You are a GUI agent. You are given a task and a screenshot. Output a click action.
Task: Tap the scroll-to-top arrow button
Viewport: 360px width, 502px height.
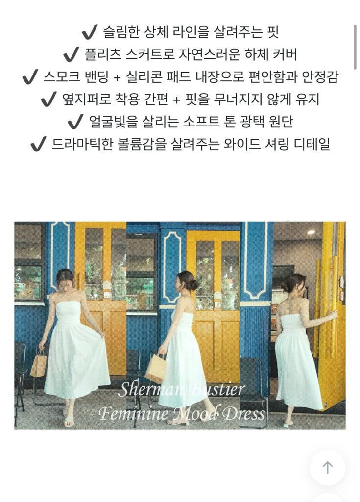tap(327, 468)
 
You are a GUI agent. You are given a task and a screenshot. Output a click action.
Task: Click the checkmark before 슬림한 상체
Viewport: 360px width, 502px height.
tap(90, 32)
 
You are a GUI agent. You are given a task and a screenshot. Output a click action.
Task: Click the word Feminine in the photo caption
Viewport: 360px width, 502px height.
tap(129, 413)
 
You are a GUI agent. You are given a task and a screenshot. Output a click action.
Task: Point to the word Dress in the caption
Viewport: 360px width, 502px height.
tap(243, 413)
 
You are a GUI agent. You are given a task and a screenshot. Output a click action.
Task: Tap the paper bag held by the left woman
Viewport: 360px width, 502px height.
tap(38, 364)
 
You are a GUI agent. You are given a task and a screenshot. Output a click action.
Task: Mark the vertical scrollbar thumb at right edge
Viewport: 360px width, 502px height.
tap(355, 47)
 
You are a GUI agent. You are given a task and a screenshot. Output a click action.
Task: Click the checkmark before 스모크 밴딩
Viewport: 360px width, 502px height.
tap(30, 77)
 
